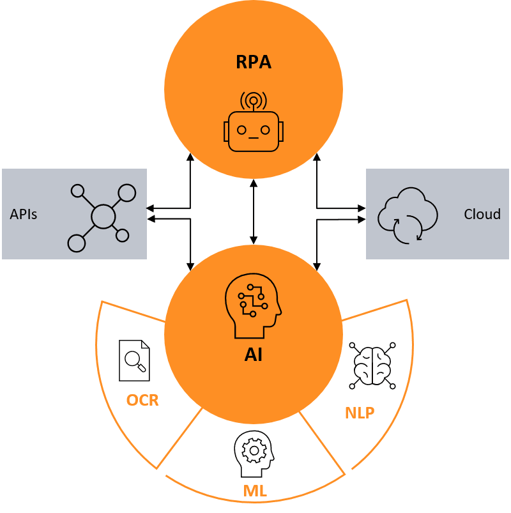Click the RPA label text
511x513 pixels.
pyautogui.click(x=254, y=63)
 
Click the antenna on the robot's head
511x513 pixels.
pyautogui.click(x=254, y=101)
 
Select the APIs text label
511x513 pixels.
pyautogui.click(x=24, y=214)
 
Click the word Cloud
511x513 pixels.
pyautogui.click(x=482, y=214)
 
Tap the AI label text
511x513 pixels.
pyautogui.click(x=254, y=355)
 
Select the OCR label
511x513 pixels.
pyautogui.click(x=142, y=401)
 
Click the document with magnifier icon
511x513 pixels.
pyautogui.click(x=135, y=360)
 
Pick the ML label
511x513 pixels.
pyautogui.click(x=255, y=491)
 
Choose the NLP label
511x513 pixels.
pyautogui.click(x=360, y=413)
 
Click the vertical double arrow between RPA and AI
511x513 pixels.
pyautogui.click(x=254, y=211)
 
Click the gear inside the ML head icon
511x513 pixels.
pyautogui.click(x=254, y=450)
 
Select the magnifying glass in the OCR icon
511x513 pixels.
pyautogui.click(x=135, y=360)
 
